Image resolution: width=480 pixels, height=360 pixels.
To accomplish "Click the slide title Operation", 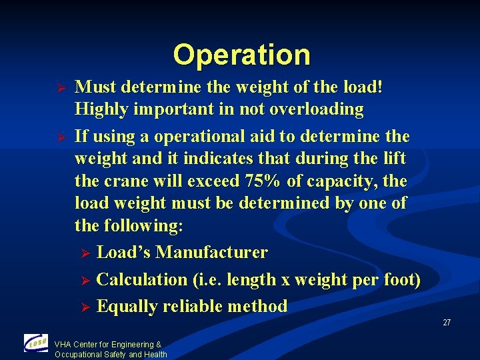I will pyautogui.click(x=241, y=55).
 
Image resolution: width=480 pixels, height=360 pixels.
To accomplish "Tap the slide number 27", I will pyautogui.click(x=447, y=323).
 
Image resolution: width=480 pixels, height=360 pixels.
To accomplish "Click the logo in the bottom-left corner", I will pyautogui.click(x=35, y=343).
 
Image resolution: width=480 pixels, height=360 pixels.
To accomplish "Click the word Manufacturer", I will pyautogui.click(x=211, y=253).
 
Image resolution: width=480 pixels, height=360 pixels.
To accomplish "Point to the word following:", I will pyautogui.click(x=142, y=225).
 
